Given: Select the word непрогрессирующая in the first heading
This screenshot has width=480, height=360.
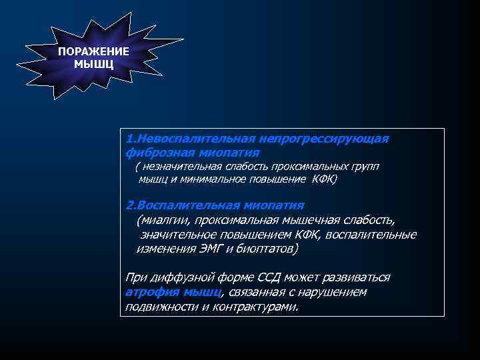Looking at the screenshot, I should pos(323,139).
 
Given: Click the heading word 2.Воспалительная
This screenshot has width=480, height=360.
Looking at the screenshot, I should pos(174,205).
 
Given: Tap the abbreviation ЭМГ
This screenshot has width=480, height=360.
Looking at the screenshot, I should pos(209,249).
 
